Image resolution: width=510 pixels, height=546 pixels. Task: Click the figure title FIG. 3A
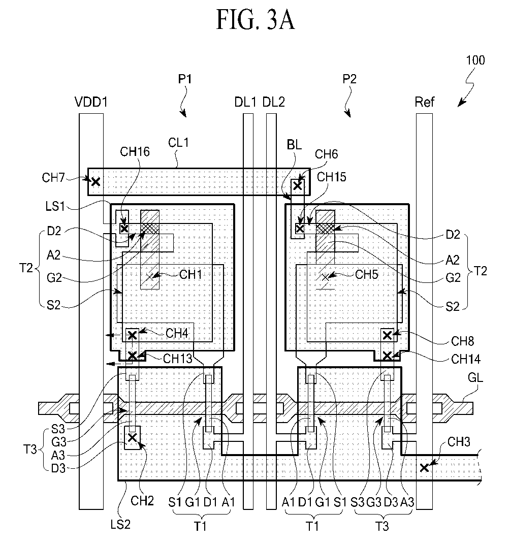click(x=256, y=20)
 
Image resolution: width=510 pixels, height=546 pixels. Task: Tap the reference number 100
click(x=475, y=60)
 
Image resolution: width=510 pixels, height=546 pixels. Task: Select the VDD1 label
click(x=91, y=102)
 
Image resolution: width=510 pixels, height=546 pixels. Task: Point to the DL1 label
click(x=245, y=102)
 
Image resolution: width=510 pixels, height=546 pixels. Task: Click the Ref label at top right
click(x=424, y=102)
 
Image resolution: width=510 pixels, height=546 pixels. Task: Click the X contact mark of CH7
click(x=95, y=181)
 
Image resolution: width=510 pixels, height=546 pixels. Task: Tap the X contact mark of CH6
click(x=297, y=186)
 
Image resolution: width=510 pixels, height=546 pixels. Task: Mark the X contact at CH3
click(x=424, y=468)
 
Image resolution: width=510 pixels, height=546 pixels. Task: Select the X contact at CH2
click(x=132, y=438)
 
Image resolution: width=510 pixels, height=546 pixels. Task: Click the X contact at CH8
click(x=387, y=335)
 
